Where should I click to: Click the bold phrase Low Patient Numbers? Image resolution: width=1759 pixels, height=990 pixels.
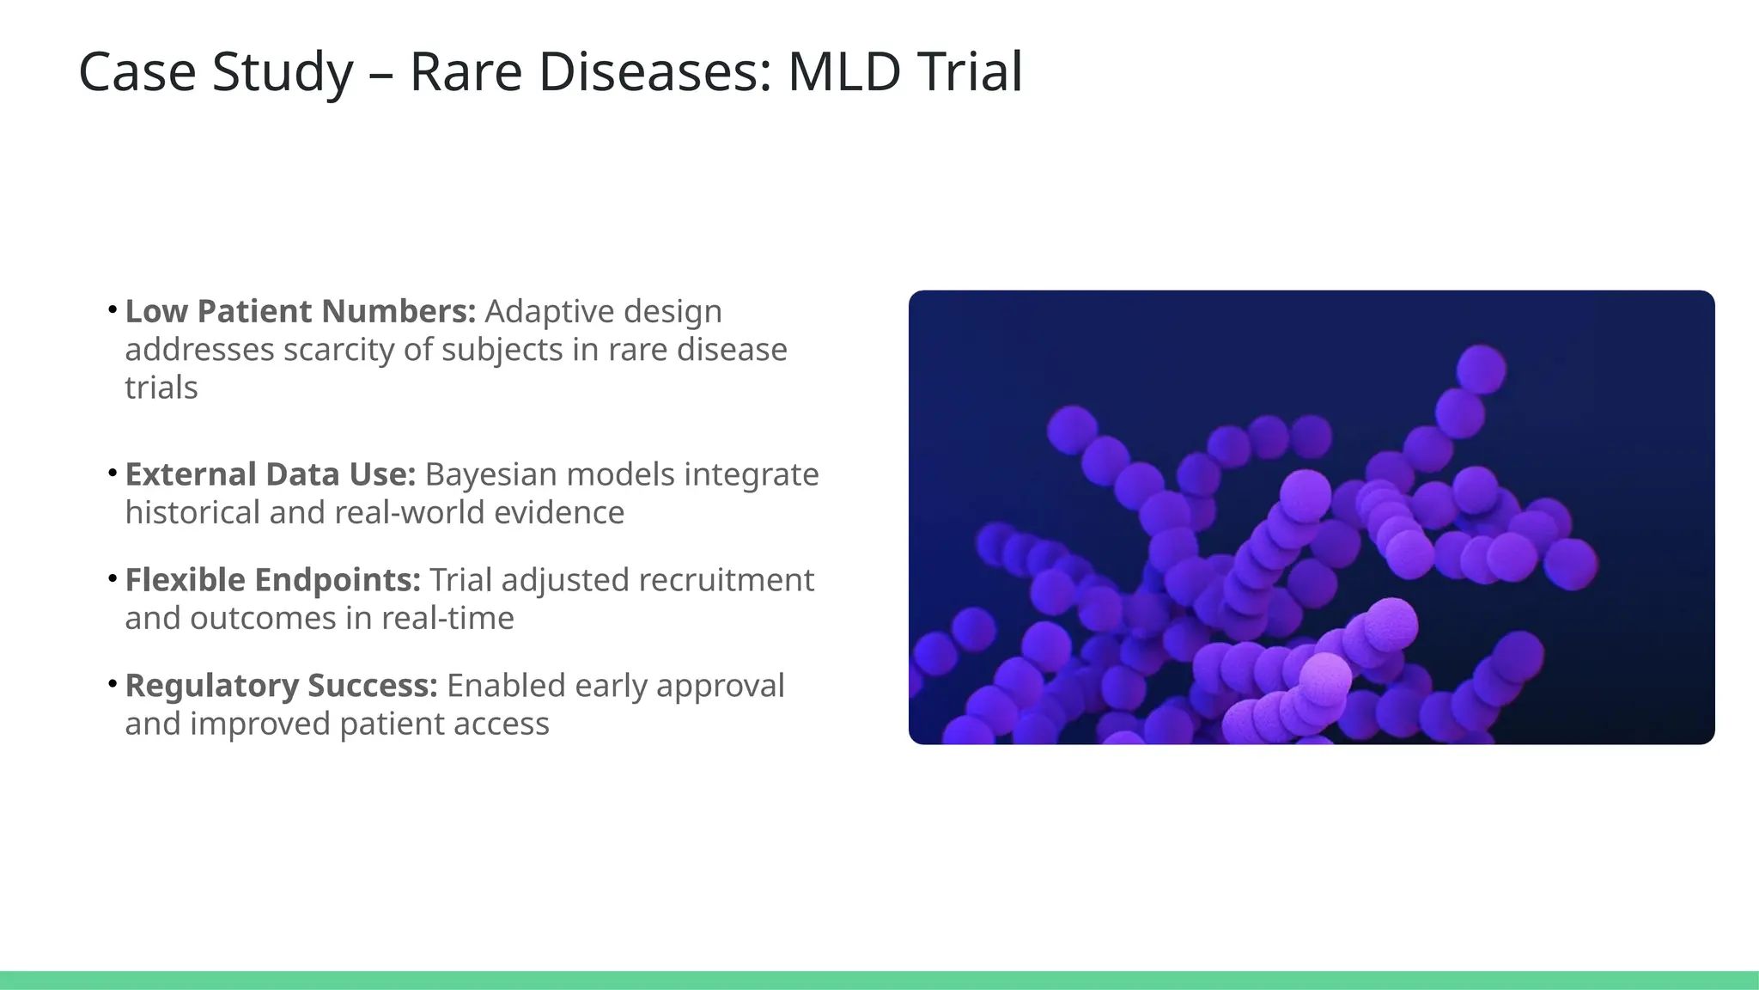click(301, 311)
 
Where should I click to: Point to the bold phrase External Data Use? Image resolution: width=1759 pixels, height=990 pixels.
click(271, 474)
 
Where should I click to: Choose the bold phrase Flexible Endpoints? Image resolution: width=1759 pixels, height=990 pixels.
click(273, 580)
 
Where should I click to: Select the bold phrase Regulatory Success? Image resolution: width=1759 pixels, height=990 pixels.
click(282, 686)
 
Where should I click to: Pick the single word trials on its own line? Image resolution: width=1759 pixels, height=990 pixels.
click(161, 388)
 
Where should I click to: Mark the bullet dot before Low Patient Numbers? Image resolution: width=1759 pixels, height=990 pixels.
click(113, 309)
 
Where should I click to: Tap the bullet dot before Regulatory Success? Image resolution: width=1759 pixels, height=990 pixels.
click(113, 683)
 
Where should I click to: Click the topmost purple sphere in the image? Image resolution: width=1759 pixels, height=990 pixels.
click(1481, 369)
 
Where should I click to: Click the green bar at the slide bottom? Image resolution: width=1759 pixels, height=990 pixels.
click(879, 980)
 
